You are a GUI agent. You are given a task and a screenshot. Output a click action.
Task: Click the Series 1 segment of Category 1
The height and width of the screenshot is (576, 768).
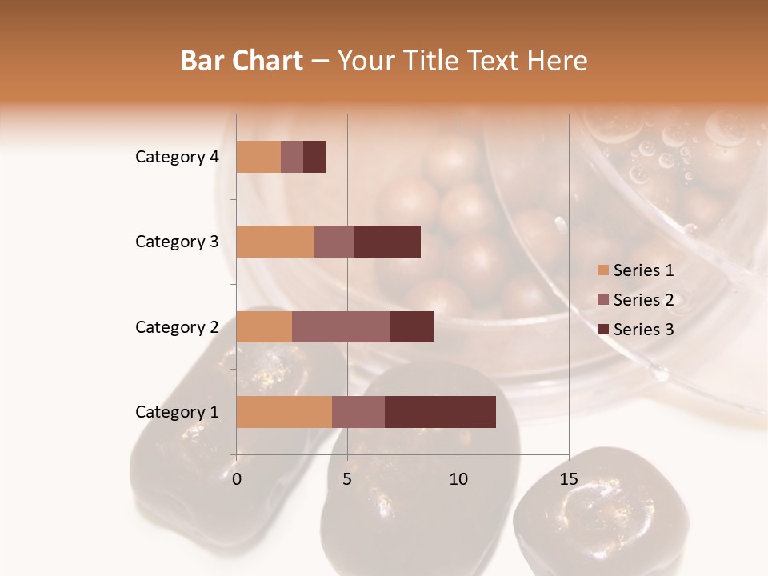pyautogui.click(x=284, y=412)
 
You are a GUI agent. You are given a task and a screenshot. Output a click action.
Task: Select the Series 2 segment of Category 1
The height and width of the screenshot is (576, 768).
pyautogui.click(x=358, y=412)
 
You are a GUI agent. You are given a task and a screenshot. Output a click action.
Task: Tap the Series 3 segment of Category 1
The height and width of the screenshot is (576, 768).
pyautogui.click(x=440, y=412)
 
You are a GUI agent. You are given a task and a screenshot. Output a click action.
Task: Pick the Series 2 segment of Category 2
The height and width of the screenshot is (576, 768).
pyautogui.click(x=341, y=326)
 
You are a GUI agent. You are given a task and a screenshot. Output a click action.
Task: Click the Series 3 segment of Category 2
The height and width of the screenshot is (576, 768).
pyautogui.click(x=411, y=326)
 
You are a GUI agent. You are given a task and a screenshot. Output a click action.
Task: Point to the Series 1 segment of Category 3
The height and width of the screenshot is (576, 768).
pyautogui.click(x=275, y=242)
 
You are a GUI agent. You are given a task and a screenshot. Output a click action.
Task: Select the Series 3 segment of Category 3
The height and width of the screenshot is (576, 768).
pyautogui.click(x=387, y=242)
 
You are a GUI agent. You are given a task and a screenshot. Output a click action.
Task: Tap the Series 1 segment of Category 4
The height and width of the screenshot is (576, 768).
pyautogui.click(x=258, y=157)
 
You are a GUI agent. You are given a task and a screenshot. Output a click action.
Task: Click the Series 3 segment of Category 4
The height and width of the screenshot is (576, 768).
pyautogui.click(x=314, y=157)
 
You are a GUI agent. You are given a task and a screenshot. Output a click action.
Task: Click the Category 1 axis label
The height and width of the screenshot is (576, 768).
pyautogui.click(x=177, y=412)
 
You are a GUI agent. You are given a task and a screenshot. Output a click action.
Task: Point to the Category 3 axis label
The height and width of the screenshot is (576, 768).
pyautogui.click(x=177, y=242)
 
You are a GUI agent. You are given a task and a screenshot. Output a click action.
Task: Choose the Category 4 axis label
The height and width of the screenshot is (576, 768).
pyautogui.click(x=177, y=157)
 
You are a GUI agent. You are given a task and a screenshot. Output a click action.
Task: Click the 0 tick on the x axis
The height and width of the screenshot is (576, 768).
pyautogui.click(x=237, y=479)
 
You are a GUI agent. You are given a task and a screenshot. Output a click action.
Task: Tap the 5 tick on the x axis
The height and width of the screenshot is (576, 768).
pyautogui.click(x=347, y=479)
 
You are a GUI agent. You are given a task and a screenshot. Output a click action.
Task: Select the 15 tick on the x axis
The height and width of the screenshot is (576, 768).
pyautogui.click(x=568, y=479)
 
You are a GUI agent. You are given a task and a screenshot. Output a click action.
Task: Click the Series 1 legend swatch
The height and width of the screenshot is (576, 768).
pyautogui.click(x=602, y=270)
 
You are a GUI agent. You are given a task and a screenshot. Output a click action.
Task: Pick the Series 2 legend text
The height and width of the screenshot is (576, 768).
pyautogui.click(x=643, y=300)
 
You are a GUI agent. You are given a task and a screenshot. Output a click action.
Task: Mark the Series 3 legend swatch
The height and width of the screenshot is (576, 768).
pyautogui.click(x=602, y=330)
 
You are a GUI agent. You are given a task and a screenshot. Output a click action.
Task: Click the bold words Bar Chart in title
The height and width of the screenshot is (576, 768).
pyautogui.click(x=242, y=61)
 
